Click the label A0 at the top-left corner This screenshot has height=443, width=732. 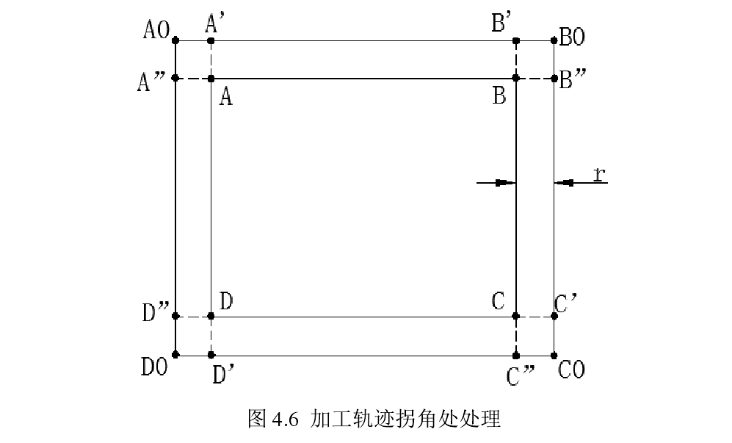click(x=157, y=30)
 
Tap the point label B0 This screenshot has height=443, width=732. click(x=572, y=37)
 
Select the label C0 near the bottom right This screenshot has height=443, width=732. click(x=571, y=370)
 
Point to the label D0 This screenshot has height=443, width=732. click(x=156, y=365)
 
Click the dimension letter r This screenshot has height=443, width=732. click(x=599, y=173)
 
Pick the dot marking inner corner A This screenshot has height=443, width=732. click(x=211, y=78)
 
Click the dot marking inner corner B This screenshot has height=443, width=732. click(x=515, y=78)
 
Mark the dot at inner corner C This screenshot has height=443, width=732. click(x=515, y=316)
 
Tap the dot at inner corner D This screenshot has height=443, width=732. click(x=211, y=316)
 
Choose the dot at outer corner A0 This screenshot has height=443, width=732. click(x=175, y=40)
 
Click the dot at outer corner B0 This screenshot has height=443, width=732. click(x=554, y=40)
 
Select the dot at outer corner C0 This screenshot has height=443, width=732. click(x=554, y=356)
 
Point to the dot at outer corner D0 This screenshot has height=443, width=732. click(x=175, y=356)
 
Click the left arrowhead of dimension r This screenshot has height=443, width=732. click(x=506, y=182)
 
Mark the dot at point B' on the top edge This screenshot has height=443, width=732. click(x=515, y=40)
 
